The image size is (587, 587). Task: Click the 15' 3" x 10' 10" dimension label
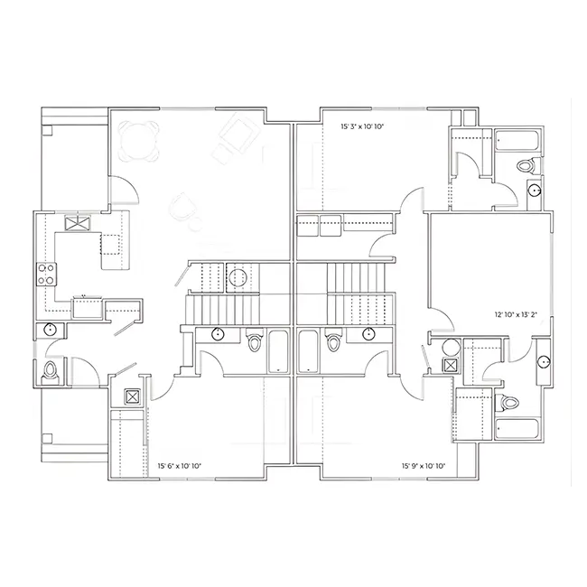[362, 126]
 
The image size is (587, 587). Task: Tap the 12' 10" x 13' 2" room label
[516, 314]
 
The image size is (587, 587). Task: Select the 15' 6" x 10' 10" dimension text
[180, 466]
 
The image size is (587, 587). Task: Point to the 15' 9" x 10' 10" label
[424, 466]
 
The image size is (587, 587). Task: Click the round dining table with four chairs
[138, 141]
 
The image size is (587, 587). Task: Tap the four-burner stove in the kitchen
[46, 274]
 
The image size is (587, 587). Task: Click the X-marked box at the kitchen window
[78, 223]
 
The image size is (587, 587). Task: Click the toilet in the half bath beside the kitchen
[50, 371]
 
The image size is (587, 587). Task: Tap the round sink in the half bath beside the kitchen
[50, 330]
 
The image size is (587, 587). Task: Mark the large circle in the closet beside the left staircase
[238, 278]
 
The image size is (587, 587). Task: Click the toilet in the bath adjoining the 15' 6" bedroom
[254, 340]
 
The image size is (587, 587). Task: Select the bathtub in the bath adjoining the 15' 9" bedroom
[308, 351]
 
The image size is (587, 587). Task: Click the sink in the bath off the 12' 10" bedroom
[543, 361]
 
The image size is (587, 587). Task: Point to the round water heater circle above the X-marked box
[452, 348]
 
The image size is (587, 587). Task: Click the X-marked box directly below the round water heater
[450, 365]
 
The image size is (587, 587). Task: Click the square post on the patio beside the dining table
[47, 130]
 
